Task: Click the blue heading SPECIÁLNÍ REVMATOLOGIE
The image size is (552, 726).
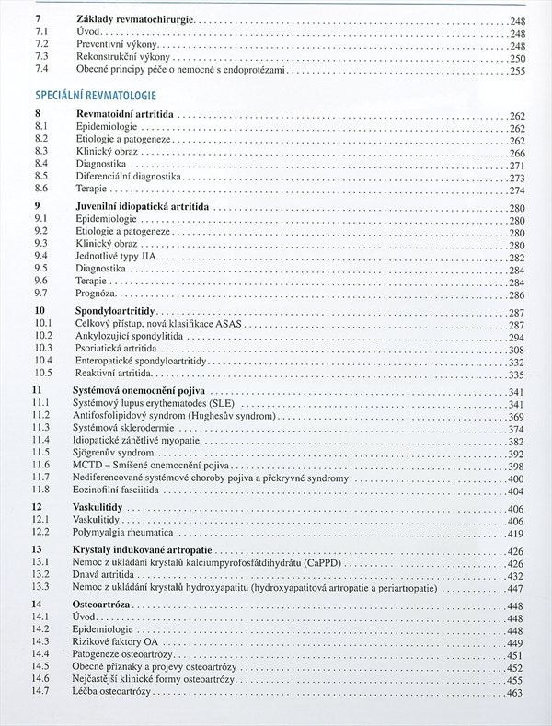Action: coord(95,95)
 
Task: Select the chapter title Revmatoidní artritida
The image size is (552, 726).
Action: coord(124,114)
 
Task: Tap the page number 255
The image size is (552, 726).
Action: coord(516,71)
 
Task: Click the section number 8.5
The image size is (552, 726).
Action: coord(40,175)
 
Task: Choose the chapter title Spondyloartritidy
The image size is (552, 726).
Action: coord(114,313)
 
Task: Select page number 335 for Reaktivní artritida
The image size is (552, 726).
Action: coord(516,375)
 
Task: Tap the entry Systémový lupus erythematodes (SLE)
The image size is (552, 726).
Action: coord(154,404)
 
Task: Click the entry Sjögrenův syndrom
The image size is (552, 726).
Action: coord(114,454)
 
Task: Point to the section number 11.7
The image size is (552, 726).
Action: coord(40,478)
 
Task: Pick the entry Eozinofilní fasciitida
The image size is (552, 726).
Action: coord(117,491)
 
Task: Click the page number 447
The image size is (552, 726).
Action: coord(516,588)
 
